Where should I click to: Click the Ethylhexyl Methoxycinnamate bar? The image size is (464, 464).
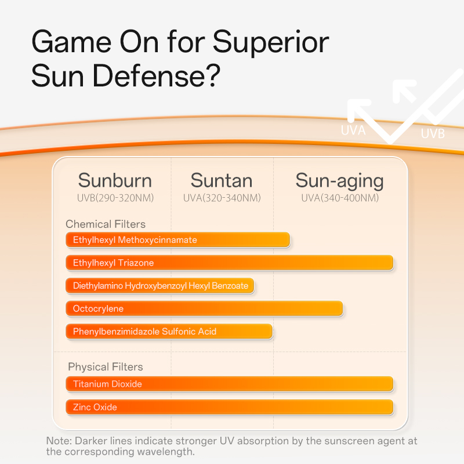tap(177, 240)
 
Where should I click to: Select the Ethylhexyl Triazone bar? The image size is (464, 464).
tap(230, 263)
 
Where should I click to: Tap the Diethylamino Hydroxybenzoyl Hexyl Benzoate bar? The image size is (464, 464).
tap(160, 286)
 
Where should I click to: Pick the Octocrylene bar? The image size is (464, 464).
tap(204, 309)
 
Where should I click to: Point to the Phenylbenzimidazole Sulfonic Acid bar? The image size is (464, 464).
tap(169, 332)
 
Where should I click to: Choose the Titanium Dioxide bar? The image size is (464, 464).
tap(230, 384)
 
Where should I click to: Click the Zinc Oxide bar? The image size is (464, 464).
tap(230, 407)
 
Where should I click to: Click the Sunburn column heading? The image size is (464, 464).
tap(115, 180)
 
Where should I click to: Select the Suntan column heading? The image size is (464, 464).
tap(222, 180)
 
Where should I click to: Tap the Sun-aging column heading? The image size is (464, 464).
tap(339, 180)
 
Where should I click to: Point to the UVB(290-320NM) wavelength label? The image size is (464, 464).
tap(115, 198)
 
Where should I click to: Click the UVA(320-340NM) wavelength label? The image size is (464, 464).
tap(222, 198)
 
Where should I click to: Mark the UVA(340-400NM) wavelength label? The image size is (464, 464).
tap(339, 198)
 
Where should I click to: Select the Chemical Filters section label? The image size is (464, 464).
tap(106, 224)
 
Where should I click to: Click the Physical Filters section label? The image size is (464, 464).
tap(105, 367)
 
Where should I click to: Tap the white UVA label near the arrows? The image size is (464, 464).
tap(353, 130)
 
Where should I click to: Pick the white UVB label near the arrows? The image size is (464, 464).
tap(433, 134)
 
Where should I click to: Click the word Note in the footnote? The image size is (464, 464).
tap(57, 441)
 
